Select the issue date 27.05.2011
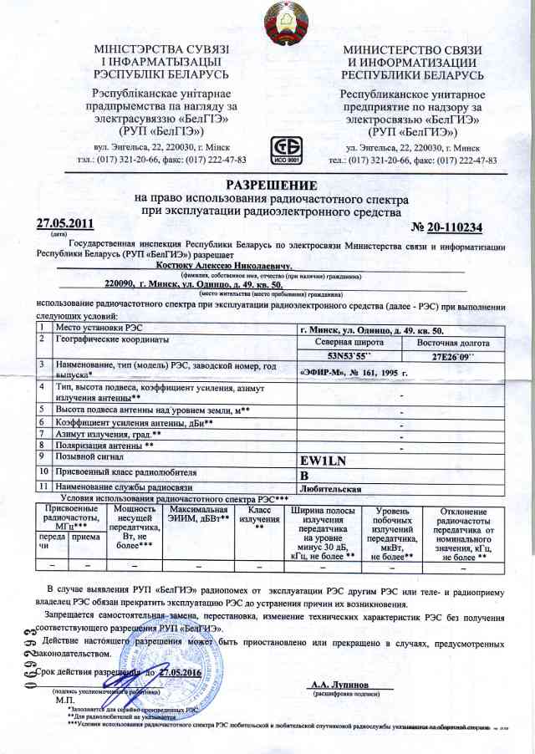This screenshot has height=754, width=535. [x=66, y=224]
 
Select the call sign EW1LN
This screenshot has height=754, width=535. [x=324, y=460]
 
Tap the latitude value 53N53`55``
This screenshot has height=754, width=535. [x=329, y=356]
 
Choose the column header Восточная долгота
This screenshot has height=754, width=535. [x=451, y=343]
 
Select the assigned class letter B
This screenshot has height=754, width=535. [x=305, y=475]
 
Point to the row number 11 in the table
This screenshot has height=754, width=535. [x=42, y=487]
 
